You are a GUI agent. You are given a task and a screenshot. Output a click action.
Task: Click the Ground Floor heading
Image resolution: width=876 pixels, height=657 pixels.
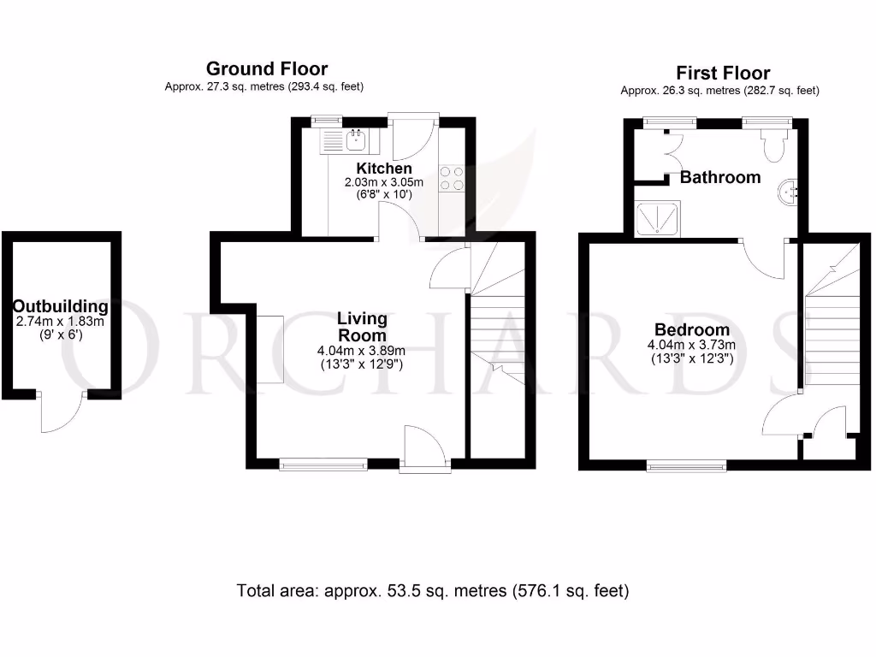tap(266, 69)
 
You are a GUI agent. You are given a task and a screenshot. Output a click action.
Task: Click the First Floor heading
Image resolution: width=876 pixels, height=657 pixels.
tap(723, 73)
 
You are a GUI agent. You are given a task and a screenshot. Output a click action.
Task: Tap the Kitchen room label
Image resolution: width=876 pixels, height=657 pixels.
tap(384, 169)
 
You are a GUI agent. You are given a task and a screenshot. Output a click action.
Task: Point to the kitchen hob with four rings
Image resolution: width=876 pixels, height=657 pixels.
tap(452, 178)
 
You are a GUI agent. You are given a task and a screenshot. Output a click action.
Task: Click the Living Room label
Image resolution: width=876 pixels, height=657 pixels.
tap(362, 327)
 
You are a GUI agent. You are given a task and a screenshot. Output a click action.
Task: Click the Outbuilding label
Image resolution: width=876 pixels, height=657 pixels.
tap(60, 306)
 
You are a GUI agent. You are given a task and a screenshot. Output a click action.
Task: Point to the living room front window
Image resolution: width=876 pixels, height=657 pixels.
tap(323, 465)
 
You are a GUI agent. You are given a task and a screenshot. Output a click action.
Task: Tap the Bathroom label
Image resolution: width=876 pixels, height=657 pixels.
tap(720, 178)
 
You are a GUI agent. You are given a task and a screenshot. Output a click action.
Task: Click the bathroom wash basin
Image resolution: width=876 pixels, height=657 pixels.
tap(790, 192)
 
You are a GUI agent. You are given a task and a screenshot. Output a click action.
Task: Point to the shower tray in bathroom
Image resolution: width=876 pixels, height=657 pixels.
tap(657, 218)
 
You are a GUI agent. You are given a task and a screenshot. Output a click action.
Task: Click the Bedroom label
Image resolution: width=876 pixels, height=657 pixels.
tap(692, 330)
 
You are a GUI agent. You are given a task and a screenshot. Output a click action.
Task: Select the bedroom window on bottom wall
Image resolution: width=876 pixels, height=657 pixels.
tap(686, 465)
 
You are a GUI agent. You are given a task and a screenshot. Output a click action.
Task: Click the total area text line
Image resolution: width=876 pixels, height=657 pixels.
tap(433, 590)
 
